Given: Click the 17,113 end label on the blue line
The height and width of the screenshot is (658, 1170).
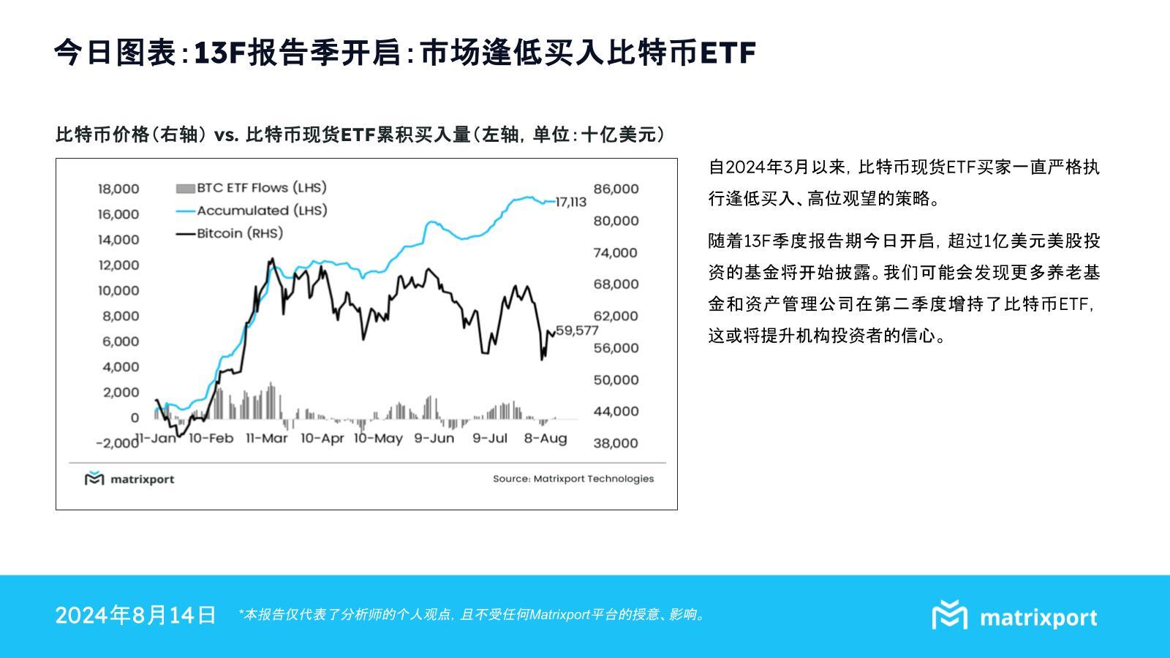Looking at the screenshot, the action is (x=571, y=202).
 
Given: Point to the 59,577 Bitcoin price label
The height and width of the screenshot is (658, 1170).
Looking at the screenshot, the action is (x=577, y=330).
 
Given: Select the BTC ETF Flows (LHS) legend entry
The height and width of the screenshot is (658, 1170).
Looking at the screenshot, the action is (x=252, y=188).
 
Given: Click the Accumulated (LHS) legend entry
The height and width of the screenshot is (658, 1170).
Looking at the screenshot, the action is (x=252, y=211).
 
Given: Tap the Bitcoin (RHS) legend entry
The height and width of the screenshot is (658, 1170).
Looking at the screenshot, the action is (x=230, y=233).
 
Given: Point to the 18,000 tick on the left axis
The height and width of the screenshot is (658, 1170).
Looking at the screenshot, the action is (x=118, y=189).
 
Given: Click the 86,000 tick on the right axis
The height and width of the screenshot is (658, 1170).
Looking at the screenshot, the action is (x=616, y=189).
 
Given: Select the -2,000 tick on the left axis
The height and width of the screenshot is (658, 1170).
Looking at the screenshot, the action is (x=118, y=443).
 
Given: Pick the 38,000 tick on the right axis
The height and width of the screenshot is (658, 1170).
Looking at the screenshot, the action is (x=616, y=443).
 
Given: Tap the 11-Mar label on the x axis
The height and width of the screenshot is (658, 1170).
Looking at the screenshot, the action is (x=267, y=438).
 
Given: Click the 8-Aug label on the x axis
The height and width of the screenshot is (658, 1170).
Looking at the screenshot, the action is (x=546, y=438).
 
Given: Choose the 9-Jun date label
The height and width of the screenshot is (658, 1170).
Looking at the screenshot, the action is (x=434, y=438).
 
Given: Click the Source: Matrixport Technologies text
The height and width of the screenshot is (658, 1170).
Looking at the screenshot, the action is (x=573, y=479).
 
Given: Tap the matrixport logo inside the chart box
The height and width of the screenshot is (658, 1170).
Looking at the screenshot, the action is (x=129, y=479).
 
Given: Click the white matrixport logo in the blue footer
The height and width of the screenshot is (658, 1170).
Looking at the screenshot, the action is (x=1014, y=616).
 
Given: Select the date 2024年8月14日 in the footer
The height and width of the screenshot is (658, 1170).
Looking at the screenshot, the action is (x=135, y=615).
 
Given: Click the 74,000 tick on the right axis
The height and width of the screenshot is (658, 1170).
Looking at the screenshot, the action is (x=616, y=253).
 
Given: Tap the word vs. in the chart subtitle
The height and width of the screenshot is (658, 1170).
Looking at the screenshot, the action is (x=226, y=135).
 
